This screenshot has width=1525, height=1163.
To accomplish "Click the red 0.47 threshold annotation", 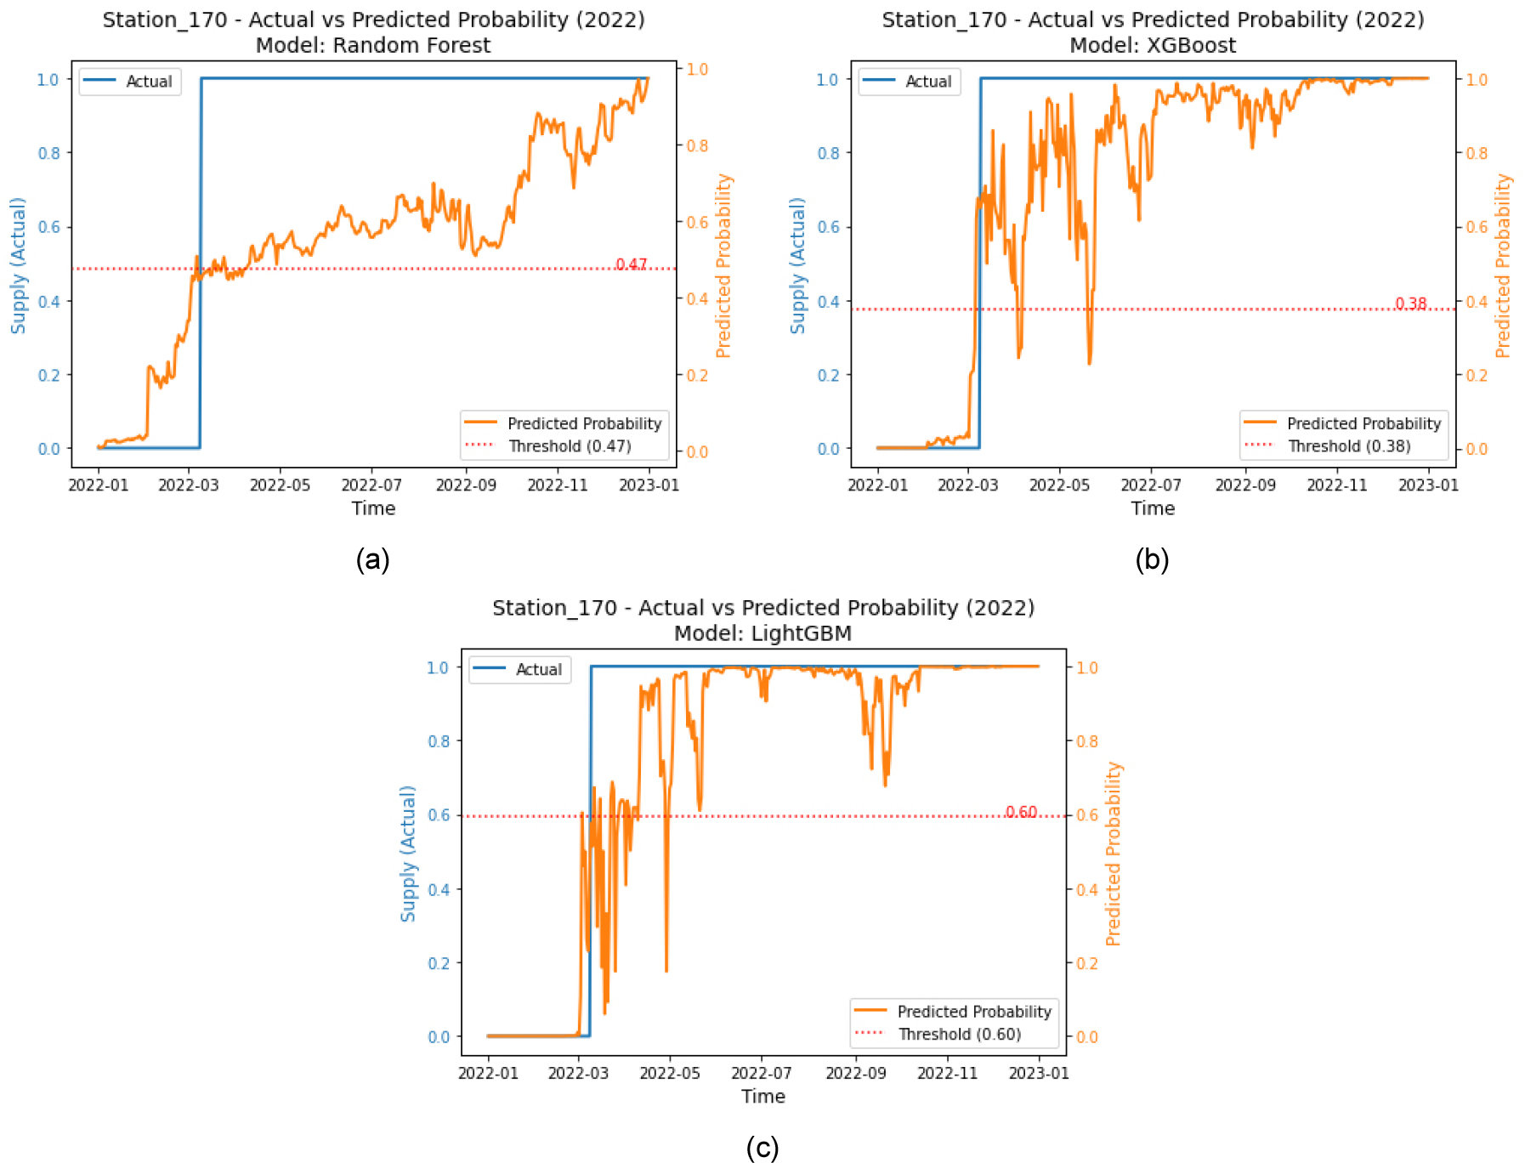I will pyautogui.click(x=631, y=264).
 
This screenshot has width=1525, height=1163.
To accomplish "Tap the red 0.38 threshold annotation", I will pyautogui.click(x=1410, y=304).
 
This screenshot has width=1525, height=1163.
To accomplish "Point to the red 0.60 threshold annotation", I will pyautogui.click(x=1021, y=812).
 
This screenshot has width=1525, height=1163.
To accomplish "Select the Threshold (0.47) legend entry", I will pyautogui.click(x=569, y=446).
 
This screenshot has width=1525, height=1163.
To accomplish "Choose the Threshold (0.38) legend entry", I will pyautogui.click(x=1348, y=446).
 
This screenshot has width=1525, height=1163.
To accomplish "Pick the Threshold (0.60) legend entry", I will pyautogui.click(x=959, y=1035).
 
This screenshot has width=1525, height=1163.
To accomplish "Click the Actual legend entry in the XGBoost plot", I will pyautogui.click(x=927, y=82).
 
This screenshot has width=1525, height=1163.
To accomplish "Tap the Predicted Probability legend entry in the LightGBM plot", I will pyautogui.click(x=973, y=1012).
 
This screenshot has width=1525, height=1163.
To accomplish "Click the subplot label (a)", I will pyautogui.click(x=372, y=559).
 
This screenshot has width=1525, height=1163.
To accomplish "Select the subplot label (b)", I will pyautogui.click(x=1152, y=559).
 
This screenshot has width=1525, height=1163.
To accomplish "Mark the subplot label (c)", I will pyautogui.click(x=762, y=1148).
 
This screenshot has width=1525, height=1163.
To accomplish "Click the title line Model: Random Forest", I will pyautogui.click(x=373, y=45).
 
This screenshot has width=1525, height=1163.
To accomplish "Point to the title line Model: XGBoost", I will pyautogui.click(x=1153, y=45).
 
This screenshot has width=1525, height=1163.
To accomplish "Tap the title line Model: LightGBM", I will pyautogui.click(x=762, y=633).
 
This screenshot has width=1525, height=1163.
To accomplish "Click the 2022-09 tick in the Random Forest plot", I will pyautogui.click(x=466, y=485).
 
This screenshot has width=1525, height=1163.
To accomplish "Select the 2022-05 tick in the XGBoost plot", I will pyautogui.click(x=1059, y=485).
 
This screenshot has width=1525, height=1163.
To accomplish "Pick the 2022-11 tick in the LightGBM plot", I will pyautogui.click(x=947, y=1074).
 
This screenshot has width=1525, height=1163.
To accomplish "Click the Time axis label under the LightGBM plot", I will pyautogui.click(x=762, y=1097).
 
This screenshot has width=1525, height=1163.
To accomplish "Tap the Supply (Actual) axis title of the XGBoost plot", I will pyautogui.click(x=797, y=265).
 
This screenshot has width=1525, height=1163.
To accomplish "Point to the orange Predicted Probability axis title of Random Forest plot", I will pyautogui.click(x=723, y=265).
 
